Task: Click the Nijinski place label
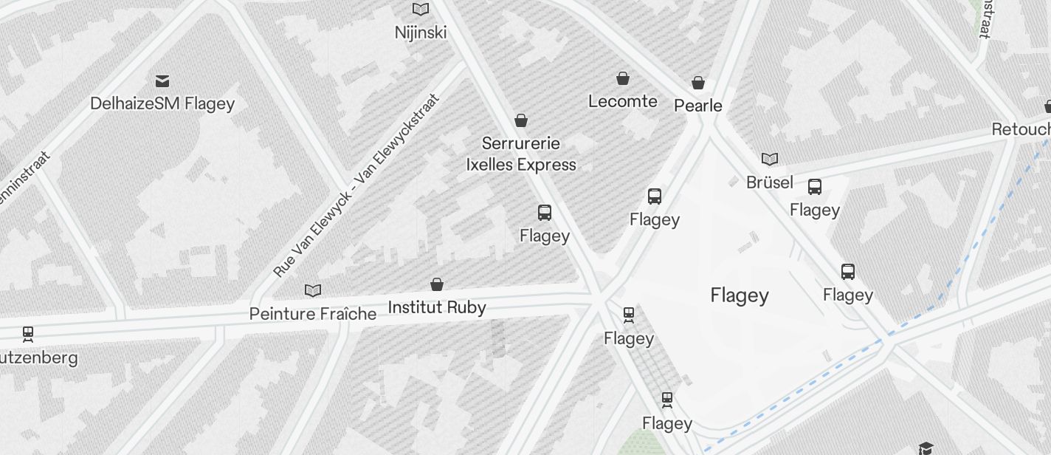pyautogui.click(x=421, y=32)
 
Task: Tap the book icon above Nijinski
pyautogui.click(x=421, y=10)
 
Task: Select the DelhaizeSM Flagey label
pyautogui.click(x=162, y=103)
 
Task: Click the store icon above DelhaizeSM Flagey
pyautogui.click(x=162, y=80)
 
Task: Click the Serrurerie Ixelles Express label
pyautogui.click(x=521, y=154)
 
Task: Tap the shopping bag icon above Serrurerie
pyautogui.click(x=521, y=120)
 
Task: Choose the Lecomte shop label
pyautogui.click(x=623, y=101)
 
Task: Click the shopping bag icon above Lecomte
pyautogui.click(x=623, y=78)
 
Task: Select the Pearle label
pyautogui.click(x=698, y=106)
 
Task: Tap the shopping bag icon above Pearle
pyautogui.click(x=698, y=83)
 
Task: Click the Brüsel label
pyautogui.click(x=770, y=182)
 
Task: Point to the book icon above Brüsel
pyautogui.click(x=770, y=159)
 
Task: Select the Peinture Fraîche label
pyautogui.click(x=313, y=314)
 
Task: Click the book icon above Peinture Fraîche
pyautogui.click(x=313, y=290)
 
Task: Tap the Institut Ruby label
pyautogui.click(x=437, y=307)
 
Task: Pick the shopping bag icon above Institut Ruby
pyautogui.click(x=437, y=284)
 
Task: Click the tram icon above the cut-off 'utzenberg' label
pyautogui.click(x=28, y=334)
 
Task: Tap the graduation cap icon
pyautogui.click(x=926, y=448)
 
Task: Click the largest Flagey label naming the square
pyautogui.click(x=740, y=295)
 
